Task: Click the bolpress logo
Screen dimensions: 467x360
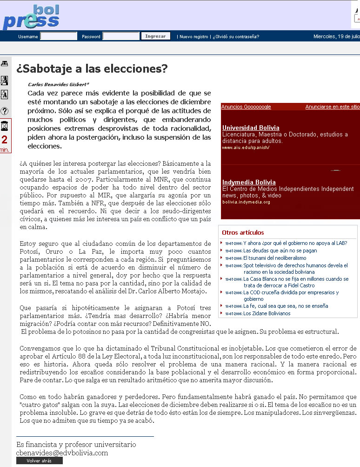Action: pos(31,17)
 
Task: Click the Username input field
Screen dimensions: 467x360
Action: pos(59,36)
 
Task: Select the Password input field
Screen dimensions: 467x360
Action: pos(120,36)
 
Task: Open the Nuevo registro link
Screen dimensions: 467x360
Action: pos(194,37)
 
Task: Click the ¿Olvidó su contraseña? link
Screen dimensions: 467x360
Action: pos(236,37)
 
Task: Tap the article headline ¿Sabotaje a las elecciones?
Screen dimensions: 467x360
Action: pos(92,69)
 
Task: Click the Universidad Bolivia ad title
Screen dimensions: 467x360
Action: pos(251,128)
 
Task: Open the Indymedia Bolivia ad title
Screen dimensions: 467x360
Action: pos(249,182)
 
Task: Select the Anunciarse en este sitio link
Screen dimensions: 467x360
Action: pos(332,107)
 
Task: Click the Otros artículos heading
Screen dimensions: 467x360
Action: pos(243,232)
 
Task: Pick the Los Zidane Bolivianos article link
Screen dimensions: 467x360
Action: pos(267,314)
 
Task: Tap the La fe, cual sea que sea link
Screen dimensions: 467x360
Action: pos(286,306)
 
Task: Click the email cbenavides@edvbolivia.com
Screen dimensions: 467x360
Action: pos(62,453)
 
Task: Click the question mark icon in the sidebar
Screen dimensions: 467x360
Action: pos(4,111)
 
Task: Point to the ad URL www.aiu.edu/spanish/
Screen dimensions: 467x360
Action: pos(246,148)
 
